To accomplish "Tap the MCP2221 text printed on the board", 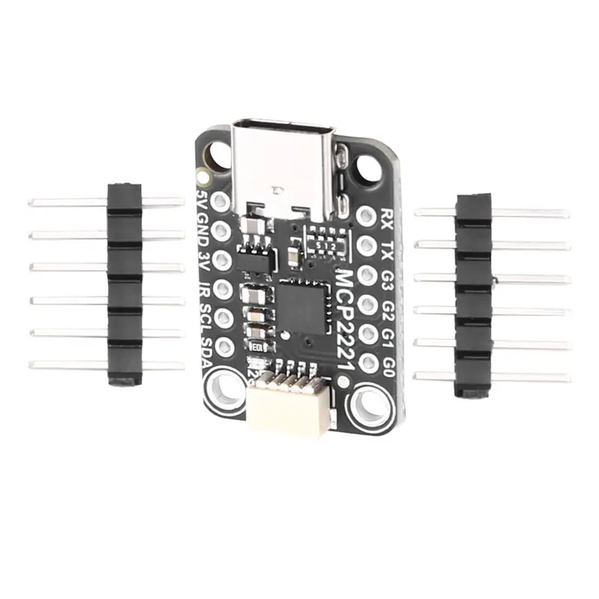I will (x=346, y=314).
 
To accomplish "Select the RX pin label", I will (x=387, y=217).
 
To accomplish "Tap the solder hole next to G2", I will (x=365, y=304).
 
